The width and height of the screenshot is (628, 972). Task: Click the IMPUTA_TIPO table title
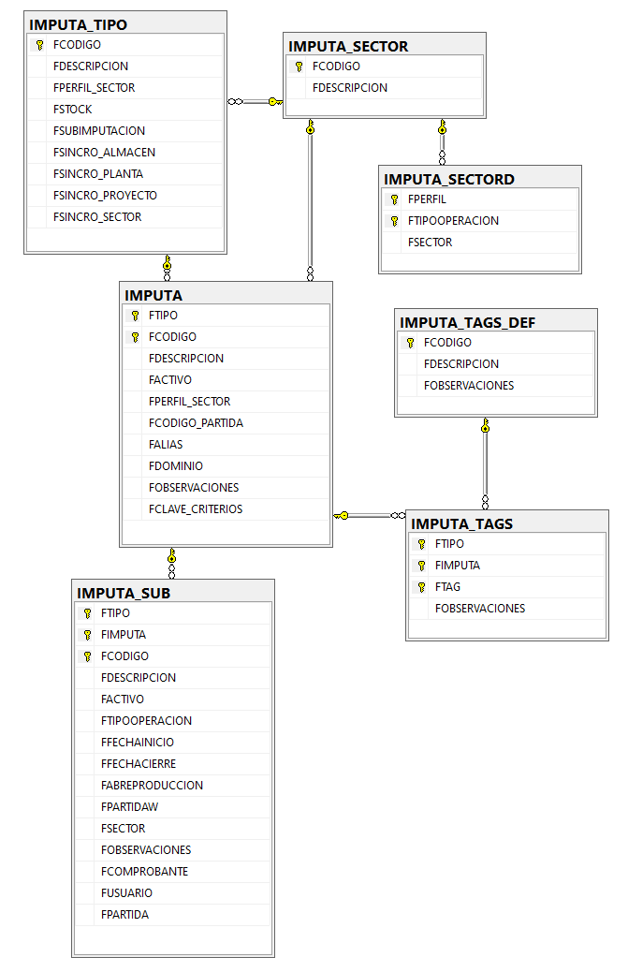[78, 24]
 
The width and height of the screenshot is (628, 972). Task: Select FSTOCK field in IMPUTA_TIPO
[72, 110]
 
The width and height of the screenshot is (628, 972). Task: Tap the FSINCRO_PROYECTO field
[105, 196]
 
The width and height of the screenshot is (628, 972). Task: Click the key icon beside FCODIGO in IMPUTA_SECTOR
[299, 66]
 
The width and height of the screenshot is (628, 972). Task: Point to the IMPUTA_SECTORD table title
[449, 179]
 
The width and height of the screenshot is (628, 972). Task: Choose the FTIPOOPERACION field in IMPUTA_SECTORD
[453, 221]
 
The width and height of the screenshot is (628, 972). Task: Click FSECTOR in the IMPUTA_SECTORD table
[430, 243]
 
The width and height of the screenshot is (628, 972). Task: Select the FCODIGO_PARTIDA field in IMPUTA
[196, 422]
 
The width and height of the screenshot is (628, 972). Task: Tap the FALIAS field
[166, 445]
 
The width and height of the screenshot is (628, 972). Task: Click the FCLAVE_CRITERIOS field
[196, 508]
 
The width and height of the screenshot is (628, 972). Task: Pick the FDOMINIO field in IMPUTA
[176, 466]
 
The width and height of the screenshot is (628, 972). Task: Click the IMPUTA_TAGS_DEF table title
[468, 322]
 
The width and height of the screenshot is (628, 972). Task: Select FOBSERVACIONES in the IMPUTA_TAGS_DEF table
[469, 386]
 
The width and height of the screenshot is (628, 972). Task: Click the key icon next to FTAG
[421, 587]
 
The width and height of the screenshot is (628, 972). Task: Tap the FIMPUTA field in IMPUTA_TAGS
[458, 566]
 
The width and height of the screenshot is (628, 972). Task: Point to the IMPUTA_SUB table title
[124, 594]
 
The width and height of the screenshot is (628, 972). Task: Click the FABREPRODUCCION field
[152, 786]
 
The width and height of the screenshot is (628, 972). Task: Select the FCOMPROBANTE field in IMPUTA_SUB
[144, 872]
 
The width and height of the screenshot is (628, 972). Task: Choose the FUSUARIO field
[126, 893]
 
